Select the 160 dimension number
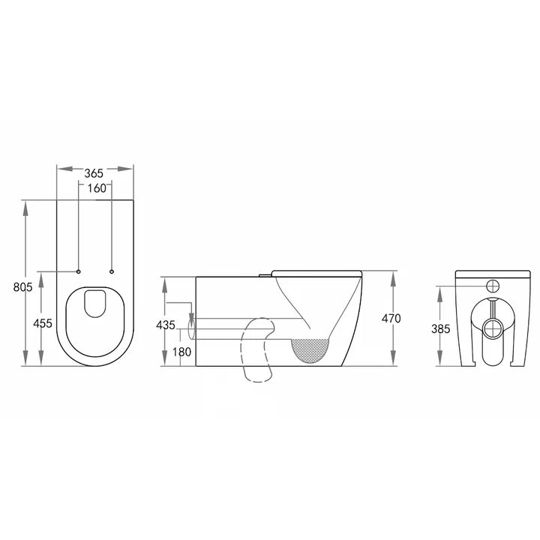pos(95,187)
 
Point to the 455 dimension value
pos(43,323)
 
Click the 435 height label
pos(166,325)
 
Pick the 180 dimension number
pos(181,352)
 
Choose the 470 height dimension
pos(391,318)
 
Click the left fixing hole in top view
pos(79,270)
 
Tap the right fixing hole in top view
pos(112,270)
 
